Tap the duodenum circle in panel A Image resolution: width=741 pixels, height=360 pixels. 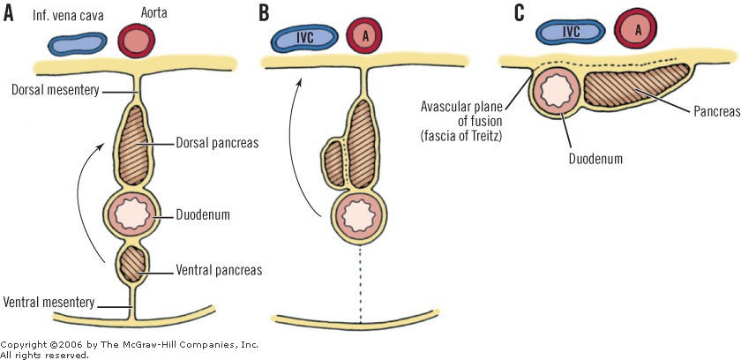point(135,214)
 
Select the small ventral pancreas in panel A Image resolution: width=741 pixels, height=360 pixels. point(135,265)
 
